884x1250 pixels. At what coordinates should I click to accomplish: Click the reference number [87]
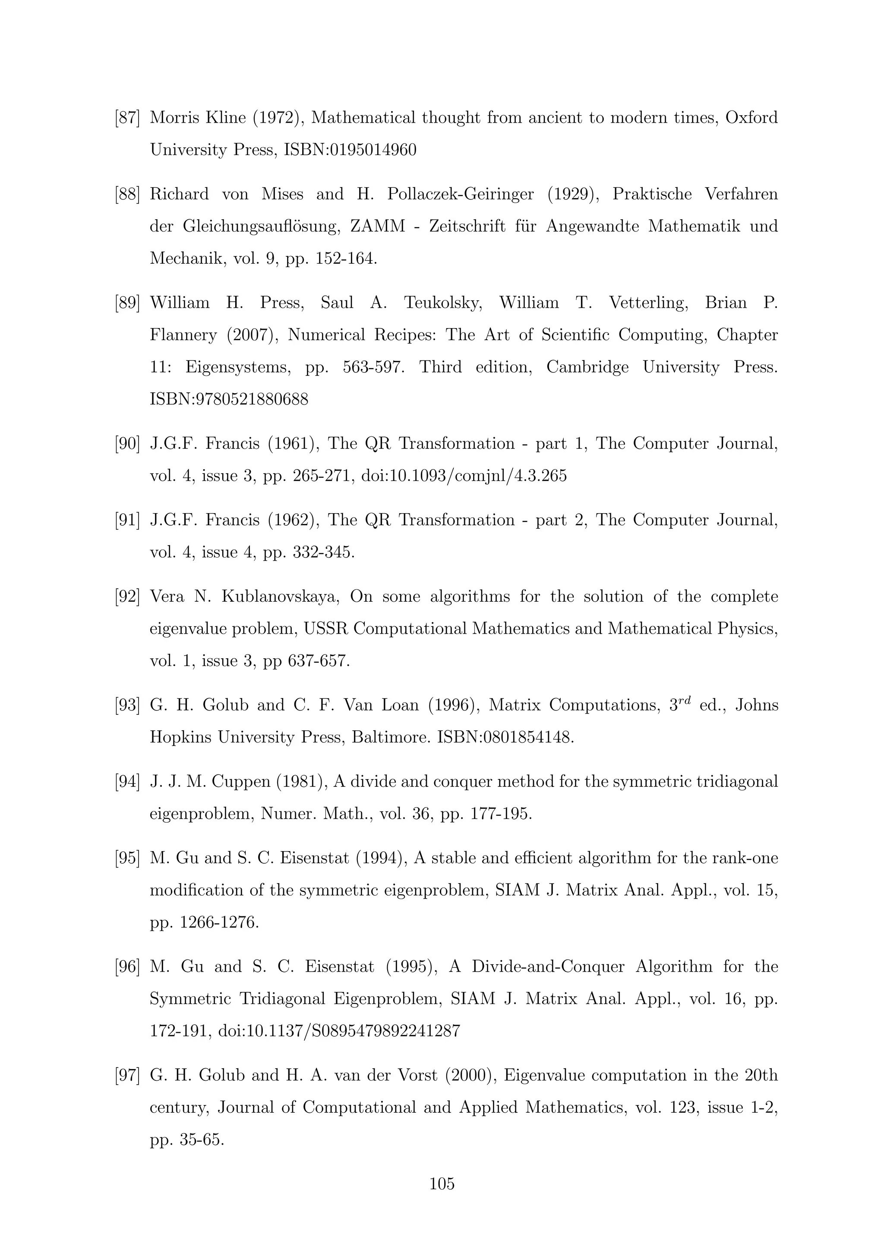coord(127,117)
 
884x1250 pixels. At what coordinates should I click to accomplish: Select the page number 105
coord(442,1184)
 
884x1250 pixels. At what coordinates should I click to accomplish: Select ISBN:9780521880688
coord(229,400)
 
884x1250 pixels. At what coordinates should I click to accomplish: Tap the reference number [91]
coord(127,521)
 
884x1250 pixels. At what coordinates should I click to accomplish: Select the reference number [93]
coord(127,706)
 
